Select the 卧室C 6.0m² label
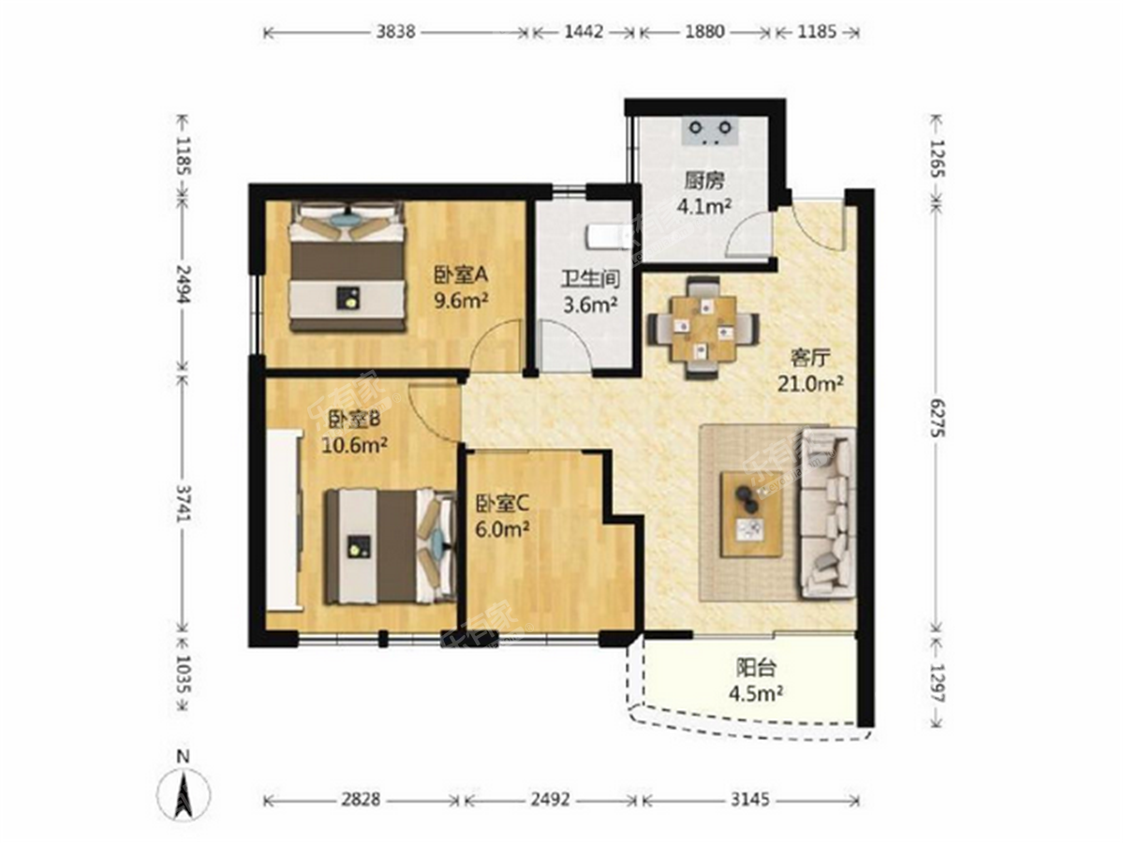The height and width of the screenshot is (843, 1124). (503, 515)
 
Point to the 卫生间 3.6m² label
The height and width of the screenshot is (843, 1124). (588, 291)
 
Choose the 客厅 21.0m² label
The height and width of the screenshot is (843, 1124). (811, 369)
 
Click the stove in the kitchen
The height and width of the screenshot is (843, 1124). (710, 131)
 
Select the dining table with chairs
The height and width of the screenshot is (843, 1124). (702, 328)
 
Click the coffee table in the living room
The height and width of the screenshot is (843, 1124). (751, 514)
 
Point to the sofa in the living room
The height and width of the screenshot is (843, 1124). (829, 512)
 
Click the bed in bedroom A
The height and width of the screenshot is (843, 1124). (348, 268)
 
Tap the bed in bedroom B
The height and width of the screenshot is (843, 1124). (386, 546)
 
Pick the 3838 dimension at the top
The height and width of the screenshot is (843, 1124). (394, 32)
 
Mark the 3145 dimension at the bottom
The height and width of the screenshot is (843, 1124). (750, 800)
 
